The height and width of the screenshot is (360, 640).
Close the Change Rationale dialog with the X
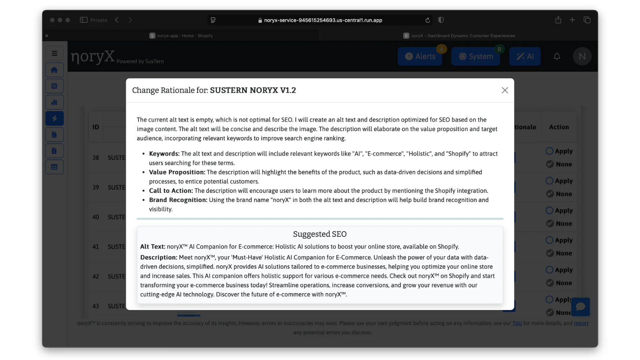click(x=505, y=90)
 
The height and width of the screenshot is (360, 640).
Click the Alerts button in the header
click(x=420, y=56)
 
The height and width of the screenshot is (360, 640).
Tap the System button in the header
click(x=476, y=56)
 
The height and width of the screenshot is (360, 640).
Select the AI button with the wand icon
click(x=525, y=56)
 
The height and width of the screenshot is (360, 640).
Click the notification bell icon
click(x=557, y=56)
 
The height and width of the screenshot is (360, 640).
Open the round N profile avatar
click(x=582, y=56)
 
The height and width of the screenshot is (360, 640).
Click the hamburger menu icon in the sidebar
click(x=54, y=53)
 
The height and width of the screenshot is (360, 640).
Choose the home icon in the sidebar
click(x=54, y=70)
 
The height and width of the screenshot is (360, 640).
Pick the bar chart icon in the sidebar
click(x=54, y=102)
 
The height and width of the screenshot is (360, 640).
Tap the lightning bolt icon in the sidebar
click(x=54, y=118)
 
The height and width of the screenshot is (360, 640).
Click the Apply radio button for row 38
click(x=550, y=151)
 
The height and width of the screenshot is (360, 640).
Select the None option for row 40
click(x=550, y=224)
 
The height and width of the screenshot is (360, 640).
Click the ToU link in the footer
click(x=517, y=323)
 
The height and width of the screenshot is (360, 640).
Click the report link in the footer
click(x=581, y=323)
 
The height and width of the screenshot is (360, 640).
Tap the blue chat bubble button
click(x=580, y=307)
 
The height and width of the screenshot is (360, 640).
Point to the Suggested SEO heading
click(x=320, y=234)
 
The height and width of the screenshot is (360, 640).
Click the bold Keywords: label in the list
click(x=164, y=154)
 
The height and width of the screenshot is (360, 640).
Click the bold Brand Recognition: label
click(x=178, y=200)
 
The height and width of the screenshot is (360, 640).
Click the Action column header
click(x=559, y=127)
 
